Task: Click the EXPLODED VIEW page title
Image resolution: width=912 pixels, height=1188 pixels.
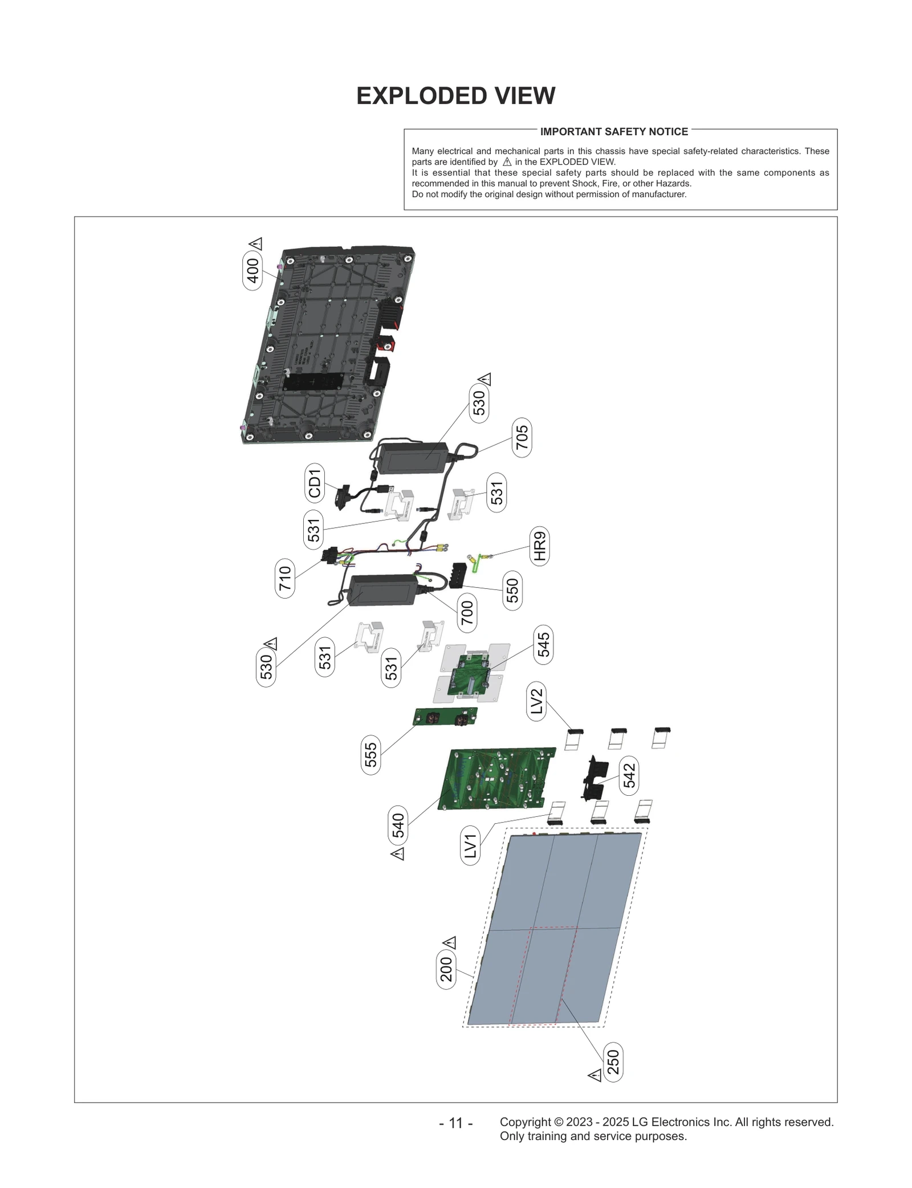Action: (455, 96)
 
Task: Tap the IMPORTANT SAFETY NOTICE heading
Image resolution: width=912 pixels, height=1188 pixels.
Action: (614, 132)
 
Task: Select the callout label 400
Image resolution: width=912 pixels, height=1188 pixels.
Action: (253, 270)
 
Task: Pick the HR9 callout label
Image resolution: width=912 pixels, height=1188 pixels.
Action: (539, 546)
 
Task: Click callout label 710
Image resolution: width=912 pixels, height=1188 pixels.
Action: (285, 578)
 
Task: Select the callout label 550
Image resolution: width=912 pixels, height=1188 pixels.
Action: (512, 590)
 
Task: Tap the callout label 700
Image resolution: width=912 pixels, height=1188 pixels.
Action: (467, 613)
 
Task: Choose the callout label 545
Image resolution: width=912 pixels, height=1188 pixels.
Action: (543, 644)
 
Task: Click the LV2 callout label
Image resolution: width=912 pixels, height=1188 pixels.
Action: (536, 701)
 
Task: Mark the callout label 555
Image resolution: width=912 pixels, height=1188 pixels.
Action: (370, 754)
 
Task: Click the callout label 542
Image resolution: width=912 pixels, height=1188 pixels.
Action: (629, 776)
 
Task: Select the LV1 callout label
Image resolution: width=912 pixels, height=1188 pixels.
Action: (470, 845)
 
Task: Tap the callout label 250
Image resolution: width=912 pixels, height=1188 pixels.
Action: (613, 1062)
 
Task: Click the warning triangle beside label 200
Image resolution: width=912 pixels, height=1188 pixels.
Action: (450, 942)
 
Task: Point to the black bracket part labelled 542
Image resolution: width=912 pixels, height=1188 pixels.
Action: (594, 778)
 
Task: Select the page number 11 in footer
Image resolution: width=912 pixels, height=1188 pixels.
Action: (455, 1123)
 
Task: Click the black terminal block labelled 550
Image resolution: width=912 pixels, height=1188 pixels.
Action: (458, 575)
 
